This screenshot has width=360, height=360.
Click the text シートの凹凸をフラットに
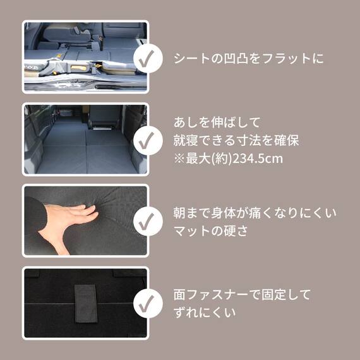tap(248, 59)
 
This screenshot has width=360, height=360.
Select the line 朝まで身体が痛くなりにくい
tap(255, 213)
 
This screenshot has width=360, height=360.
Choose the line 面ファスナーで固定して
tap(242, 294)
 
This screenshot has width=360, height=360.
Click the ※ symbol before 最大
tap(178, 158)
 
